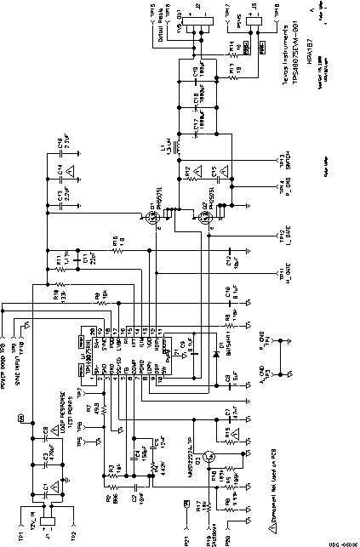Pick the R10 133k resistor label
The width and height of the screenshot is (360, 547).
(x=55, y=293)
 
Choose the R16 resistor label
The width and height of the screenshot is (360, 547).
(x=120, y=242)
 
